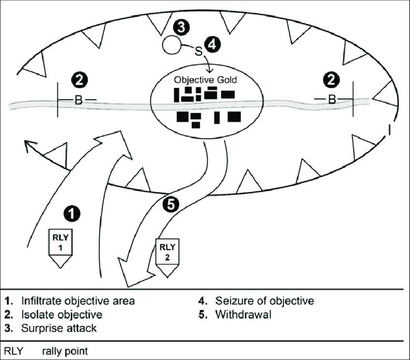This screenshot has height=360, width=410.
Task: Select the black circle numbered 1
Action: [71, 212]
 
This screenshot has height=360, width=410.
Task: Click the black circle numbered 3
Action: [181, 27]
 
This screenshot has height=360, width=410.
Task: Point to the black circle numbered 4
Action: [212, 44]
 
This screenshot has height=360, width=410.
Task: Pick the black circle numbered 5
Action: [171, 205]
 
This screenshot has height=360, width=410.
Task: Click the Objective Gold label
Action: [205, 80]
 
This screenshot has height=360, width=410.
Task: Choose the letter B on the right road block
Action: [332, 99]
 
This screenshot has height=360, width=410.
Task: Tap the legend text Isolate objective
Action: [61, 315]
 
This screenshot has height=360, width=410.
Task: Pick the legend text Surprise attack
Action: [57, 329]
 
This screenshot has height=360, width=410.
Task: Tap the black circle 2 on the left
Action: [80, 80]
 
